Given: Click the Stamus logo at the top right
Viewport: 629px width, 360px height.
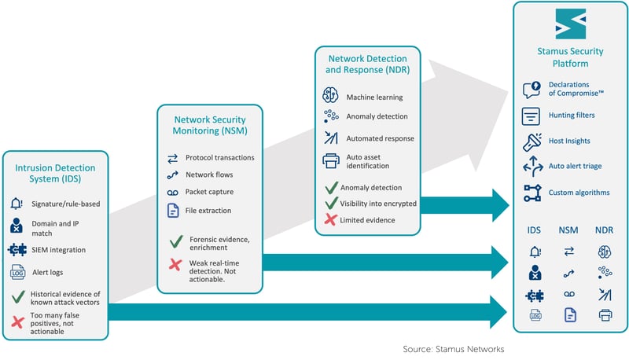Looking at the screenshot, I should coord(571,24).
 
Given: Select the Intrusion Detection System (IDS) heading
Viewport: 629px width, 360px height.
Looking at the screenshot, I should coord(54,174).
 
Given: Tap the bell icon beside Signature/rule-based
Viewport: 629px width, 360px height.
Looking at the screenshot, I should coord(17,204).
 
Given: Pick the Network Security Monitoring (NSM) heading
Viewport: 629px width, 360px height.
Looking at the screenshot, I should coord(209,126).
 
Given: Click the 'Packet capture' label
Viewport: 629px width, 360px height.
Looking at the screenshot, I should coord(209,192).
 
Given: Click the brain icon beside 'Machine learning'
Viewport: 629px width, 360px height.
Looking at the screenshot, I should coord(330,96).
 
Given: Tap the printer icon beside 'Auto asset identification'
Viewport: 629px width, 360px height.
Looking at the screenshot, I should coord(330,161).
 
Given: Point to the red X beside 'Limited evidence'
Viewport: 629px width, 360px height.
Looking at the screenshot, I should coord(330,220).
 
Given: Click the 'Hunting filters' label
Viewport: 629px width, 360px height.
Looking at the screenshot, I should coord(572,116).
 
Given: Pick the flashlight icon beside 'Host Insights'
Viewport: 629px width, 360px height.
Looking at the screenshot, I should coord(532,141).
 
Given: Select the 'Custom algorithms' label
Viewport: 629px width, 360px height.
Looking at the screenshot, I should coord(579,192).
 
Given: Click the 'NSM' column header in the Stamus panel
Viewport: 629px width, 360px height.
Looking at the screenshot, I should coord(569,230).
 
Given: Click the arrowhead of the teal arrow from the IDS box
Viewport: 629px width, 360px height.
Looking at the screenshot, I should coord(498,312).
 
